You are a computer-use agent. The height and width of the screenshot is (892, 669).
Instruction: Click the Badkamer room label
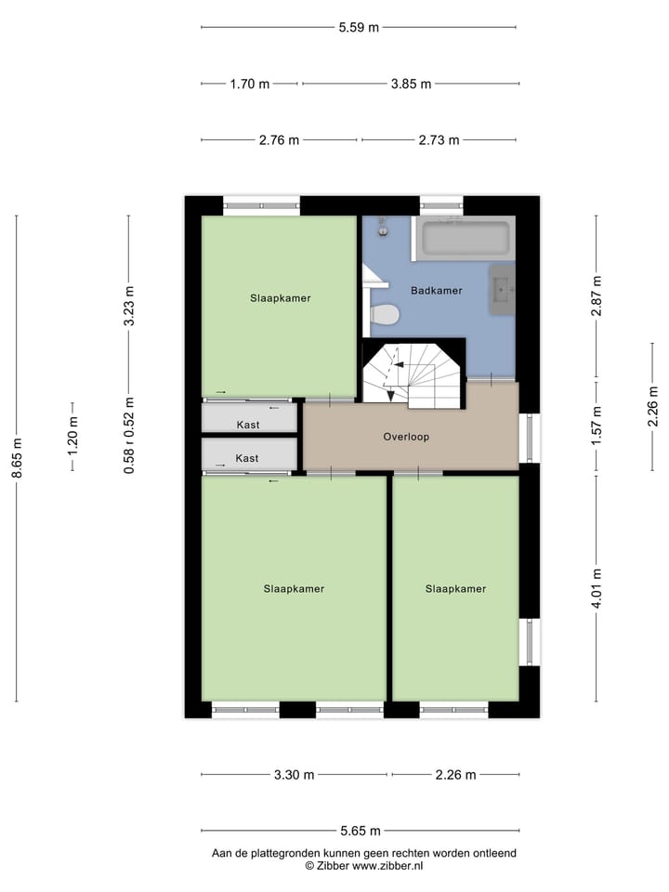[x=436, y=291]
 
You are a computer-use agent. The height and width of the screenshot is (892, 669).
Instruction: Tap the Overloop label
[x=406, y=437]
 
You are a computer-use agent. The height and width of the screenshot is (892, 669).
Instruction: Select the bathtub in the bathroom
[x=466, y=239]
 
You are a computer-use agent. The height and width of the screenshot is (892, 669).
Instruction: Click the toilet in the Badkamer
[x=384, y=316]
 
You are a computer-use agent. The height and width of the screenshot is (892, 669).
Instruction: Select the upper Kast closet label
[x=247, y=425]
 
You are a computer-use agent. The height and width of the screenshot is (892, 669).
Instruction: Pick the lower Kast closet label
[x=247, y=458]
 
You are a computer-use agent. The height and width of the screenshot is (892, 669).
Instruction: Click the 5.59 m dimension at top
[x=358, y=27]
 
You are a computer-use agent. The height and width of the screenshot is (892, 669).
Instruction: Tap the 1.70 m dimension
[x=249, y=84]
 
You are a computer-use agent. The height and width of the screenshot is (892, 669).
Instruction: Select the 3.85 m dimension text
[x=410, y=84]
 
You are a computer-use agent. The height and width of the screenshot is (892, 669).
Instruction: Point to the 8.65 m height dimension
[x=16, y=458]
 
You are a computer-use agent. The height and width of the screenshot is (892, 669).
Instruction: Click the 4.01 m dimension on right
[x=597, y=588]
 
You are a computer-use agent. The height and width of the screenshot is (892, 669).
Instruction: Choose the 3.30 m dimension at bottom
[x=295, y=775]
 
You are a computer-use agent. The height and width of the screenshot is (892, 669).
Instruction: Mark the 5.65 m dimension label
[x=358, y=831]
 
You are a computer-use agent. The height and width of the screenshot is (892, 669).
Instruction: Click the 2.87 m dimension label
[x=597, y=295]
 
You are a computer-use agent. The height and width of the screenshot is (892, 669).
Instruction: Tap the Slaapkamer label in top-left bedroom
[x=280, y=299]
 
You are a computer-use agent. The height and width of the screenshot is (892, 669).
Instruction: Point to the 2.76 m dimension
[x=279, y=140]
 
